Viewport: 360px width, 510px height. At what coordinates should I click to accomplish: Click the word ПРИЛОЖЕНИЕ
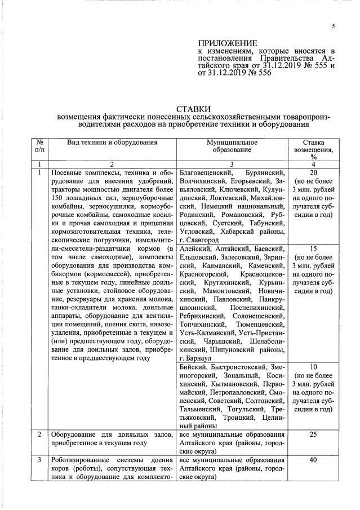pyautogui.click(x=228, y=43)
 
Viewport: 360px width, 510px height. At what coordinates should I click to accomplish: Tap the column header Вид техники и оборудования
pyautogui.click(x=112, y=143)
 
